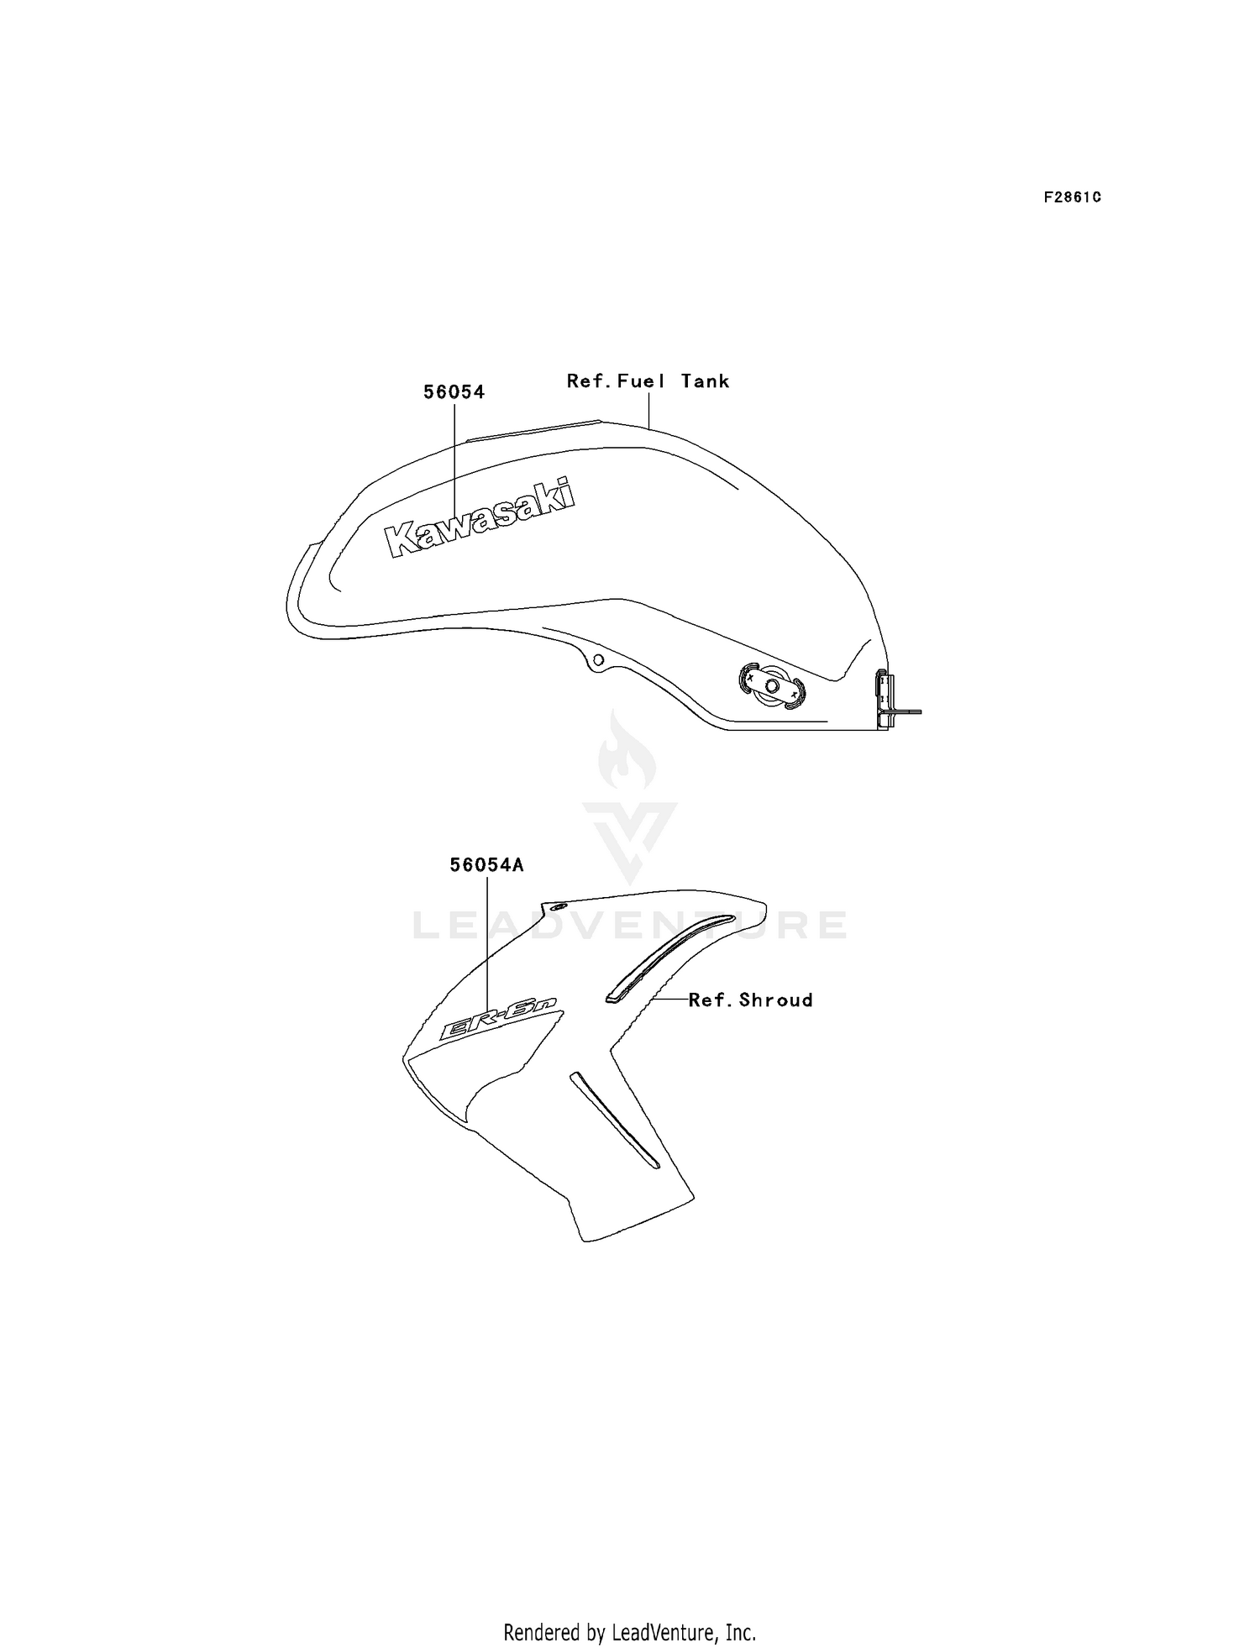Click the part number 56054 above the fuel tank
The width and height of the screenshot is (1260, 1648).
coord(454,392)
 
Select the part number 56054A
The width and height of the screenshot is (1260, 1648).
coord(487,865)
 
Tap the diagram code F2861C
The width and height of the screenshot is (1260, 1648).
coord(1073,197)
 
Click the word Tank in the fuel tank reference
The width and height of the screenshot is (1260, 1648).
coord(706,381)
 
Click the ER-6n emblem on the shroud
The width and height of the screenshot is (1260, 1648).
coord(501,1026)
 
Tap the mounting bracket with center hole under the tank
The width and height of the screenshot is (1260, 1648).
coord(772,686)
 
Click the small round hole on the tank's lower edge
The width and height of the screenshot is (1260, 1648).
coord(597,660)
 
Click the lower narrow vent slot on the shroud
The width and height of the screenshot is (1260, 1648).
coord(615,1120)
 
